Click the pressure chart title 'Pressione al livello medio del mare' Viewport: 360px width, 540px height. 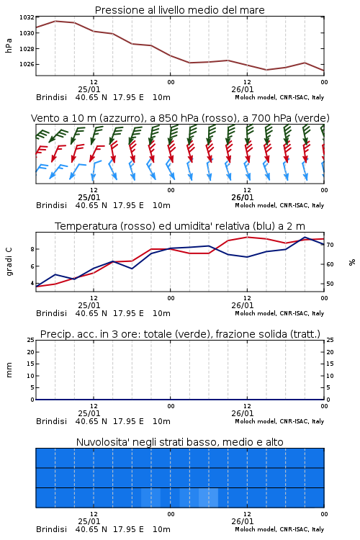click(x=179, y=10)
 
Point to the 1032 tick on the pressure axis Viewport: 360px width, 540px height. click(x=27, y=17)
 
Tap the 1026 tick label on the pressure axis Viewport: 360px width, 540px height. click(x=27, y=64)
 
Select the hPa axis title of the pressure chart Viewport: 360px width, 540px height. click(x=9, y=45)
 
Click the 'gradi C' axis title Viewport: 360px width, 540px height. click(x=9, y=262)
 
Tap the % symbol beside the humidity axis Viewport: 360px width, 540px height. click(x=352, y=262)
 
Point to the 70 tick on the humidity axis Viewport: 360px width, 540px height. click(x=330, y=245)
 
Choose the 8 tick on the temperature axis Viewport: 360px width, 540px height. click(x=32, y=249)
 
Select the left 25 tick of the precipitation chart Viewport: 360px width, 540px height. click(x=31, y=340)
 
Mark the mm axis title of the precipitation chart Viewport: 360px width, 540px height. click(x=9, y=370)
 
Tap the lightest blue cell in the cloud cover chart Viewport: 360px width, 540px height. click(x=208, y=498)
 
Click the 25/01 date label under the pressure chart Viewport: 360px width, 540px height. click(x=89, y=89)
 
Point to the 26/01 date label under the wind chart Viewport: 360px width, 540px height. click(x=242, y=198)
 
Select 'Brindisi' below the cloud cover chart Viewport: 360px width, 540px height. click(x=51, y=529)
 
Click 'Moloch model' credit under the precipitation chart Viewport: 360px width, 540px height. click(x=256, y=421)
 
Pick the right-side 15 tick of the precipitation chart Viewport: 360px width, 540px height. click(x=330, y=364)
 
